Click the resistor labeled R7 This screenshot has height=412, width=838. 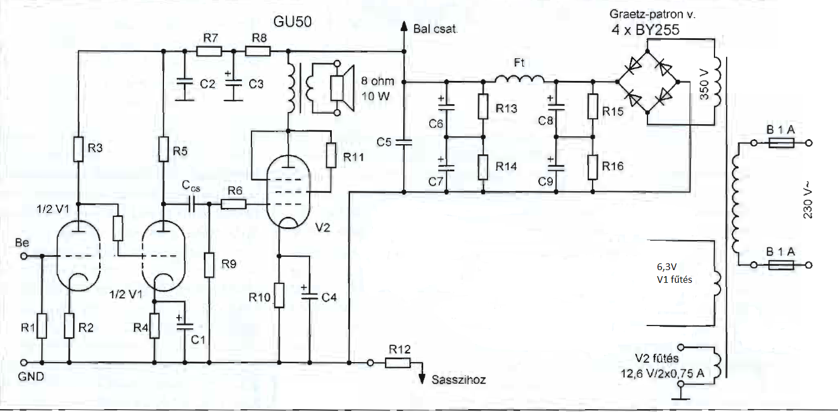coord(209,51)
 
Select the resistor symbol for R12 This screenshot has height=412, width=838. coord(398,363)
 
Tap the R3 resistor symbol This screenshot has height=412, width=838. coord(78,149)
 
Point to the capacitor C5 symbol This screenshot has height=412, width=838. coord(404,142)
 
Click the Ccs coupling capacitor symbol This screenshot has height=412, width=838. coord(192,204)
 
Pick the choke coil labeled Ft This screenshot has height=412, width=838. coord(520,79)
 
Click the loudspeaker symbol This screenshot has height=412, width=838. coord(342,88)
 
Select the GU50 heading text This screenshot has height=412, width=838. coord(292,22)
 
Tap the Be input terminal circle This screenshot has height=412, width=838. coord(24,256)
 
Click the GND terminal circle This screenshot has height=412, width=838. coord(24,363)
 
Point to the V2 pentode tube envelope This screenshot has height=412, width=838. coord(288,191)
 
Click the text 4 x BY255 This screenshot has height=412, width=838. coord(645,30)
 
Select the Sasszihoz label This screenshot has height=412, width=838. coord(459,380)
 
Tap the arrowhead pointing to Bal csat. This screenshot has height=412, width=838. coord(404,26)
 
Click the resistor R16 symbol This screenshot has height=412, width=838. coord(593,167)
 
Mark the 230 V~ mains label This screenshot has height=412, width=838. coord(808,200)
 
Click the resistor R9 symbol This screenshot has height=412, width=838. coord(209,265)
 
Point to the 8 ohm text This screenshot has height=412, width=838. coord(378,81)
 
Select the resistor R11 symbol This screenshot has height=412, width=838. coord(331,155)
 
